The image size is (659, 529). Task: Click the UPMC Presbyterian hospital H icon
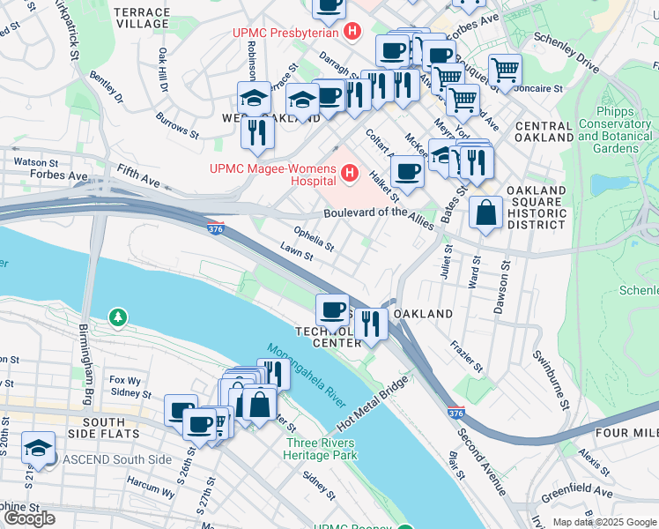tap(353, 34)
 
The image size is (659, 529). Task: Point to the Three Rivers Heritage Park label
tap(321, 449)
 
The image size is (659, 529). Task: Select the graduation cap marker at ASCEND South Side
tap(39, 447)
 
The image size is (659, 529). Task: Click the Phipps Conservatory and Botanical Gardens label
tap(615, 130)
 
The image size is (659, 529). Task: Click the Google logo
tap(30, 518)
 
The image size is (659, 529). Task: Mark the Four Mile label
tap(628, 433)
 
